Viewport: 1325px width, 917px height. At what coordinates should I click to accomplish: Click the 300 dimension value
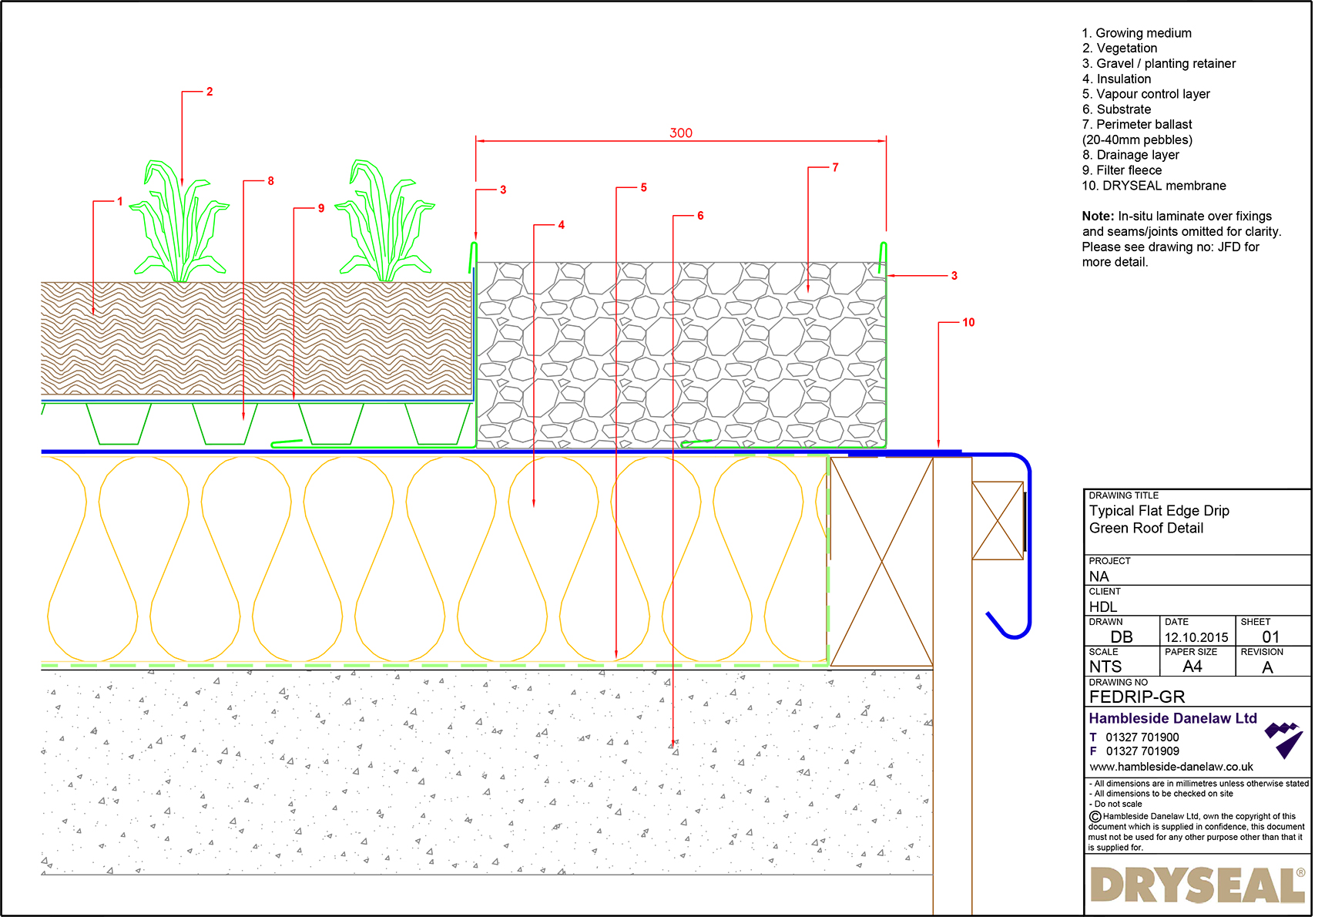tap(680, 133)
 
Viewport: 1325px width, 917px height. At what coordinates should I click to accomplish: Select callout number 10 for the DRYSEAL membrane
tap(968, 322)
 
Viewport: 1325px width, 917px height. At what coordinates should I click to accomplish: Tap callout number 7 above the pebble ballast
tap(835, 167)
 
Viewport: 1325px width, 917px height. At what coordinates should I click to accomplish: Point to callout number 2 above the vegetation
tap(209, 92)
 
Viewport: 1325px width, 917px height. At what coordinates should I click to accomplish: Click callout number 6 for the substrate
tap(700, 216)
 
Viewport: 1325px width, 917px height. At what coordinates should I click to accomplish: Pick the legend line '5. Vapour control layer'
tap(1146, 94)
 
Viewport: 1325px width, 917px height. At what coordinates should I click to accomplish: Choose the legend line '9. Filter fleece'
tap(1122, 170)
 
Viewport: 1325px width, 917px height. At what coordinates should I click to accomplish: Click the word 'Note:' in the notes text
tap(1098, 217)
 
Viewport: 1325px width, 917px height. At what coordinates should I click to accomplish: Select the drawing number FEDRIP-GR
tap(1136, 697)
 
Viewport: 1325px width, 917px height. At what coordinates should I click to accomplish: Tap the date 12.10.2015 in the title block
tap(1196, 637)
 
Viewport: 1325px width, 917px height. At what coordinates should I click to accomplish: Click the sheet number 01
tap(1270, 637)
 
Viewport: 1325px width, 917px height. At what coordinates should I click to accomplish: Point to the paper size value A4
tap(1192, 667)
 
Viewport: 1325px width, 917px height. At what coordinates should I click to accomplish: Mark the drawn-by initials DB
tap(1121, 637)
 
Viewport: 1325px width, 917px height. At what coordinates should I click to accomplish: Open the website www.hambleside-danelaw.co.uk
tap(1171, 767)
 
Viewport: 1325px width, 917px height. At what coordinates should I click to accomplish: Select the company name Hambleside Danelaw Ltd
tap(1172, 718)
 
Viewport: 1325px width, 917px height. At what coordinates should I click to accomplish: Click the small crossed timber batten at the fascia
tap(998, 520)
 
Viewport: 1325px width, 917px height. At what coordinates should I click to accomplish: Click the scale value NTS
tap(1105, 667)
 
